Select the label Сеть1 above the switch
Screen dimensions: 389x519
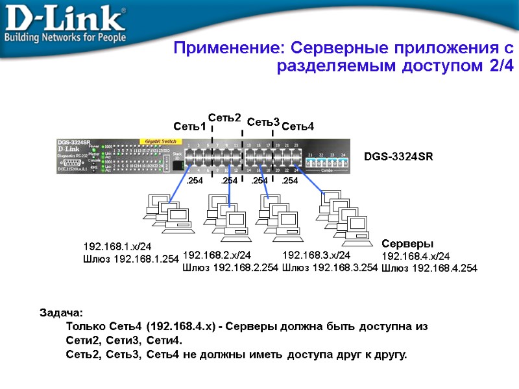pos(189,126)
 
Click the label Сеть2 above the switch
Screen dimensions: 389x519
pos(224,118)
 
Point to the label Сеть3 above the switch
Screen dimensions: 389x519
pos(263,122)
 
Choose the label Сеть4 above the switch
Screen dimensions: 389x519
pos(298,126)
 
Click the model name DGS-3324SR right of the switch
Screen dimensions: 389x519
pos(398,156)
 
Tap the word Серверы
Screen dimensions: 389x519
pos(407,244)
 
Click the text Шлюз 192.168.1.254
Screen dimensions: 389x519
pos(131,259)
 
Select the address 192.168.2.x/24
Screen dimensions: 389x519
pos(217,255)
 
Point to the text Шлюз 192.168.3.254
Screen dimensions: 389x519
pos(330,266)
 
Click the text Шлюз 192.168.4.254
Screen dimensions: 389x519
pos(429,268)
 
